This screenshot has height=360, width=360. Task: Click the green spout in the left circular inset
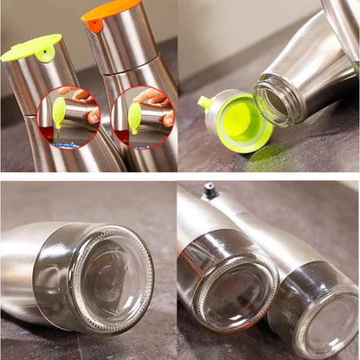[59, 113]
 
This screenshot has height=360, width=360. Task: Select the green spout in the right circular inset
[134, 116]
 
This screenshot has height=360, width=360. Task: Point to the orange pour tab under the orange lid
[94, 26]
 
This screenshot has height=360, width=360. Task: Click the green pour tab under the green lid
[44, 55]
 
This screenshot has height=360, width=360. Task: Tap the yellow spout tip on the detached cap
[204, 103]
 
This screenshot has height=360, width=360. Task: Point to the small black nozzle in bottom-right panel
[209, 190]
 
